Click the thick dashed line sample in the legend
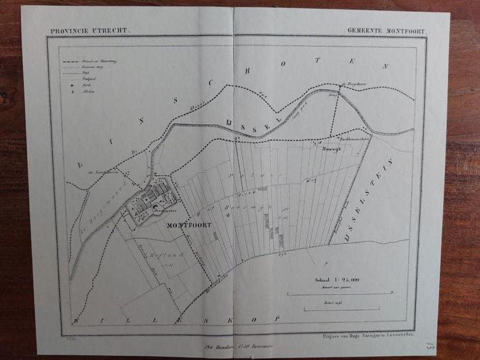[67, 61]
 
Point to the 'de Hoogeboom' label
[352, 84]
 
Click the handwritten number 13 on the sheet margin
[430, 345]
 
